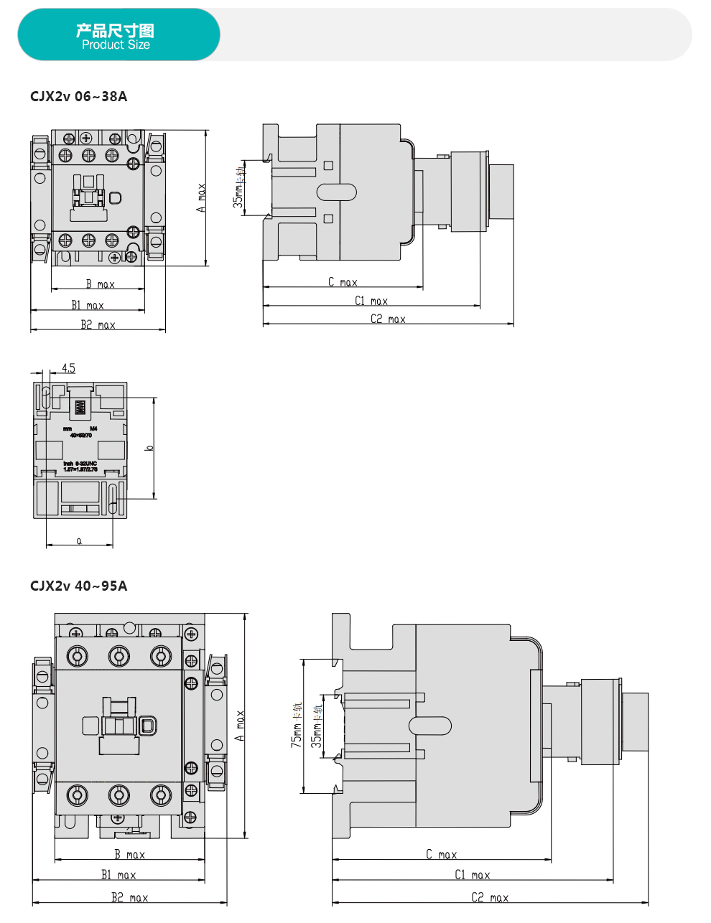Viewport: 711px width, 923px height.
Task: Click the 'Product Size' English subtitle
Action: point(116,44)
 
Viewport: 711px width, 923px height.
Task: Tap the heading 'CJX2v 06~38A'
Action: point(78,96)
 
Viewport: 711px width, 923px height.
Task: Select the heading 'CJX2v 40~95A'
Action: point(78,586)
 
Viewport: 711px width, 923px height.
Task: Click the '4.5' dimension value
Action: point(68,368)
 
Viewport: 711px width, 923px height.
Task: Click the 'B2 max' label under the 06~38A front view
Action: point(98,325)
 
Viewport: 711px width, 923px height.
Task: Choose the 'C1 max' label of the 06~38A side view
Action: point(371,301)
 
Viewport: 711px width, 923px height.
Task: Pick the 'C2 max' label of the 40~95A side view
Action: point(490,897)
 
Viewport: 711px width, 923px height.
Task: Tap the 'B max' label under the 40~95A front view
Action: point(129,854)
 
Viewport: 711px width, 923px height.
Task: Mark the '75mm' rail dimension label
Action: point(296,726)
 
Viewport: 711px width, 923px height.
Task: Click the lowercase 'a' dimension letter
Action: point(79,540)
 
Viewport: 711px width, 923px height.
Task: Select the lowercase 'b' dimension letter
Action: point(149,448)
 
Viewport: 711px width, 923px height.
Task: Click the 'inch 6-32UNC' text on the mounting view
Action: point(80,464)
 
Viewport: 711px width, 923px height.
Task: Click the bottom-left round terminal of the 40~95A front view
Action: point(78,795)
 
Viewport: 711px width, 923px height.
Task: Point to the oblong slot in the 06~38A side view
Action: point(336,192)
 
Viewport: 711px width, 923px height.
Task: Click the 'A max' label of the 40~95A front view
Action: point(240,726)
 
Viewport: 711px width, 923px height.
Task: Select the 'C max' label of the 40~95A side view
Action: point(441,854)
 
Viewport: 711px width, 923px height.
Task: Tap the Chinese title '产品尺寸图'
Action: point(115,30)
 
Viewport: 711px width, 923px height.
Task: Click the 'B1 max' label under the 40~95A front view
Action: point(118,875)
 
